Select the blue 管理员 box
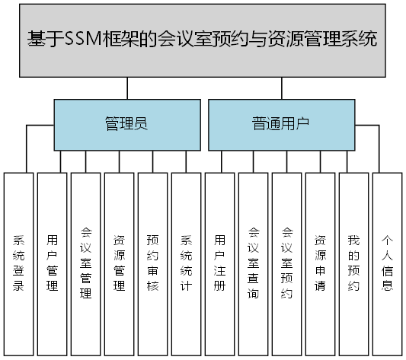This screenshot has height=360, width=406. pyautogui.click(x=125, y=124)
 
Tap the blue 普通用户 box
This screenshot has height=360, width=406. pyautogui.click(x=281, y=124)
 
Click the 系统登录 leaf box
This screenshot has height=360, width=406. pyautogui.click(x=19, y=263)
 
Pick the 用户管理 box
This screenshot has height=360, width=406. pyautogui.click(x=53, y=263)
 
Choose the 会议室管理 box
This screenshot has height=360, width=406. pyautogui.click(x=86, y=263)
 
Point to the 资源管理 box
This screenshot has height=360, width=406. pyautogui.click(x=120, y=263)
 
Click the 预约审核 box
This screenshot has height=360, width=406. pyautogui.click(x=153, y=263)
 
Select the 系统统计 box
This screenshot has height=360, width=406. pyautogui.click(x=187, y=263)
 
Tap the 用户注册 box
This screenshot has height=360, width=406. pyautogui.click(x=220, y=263)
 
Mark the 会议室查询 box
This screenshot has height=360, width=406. pyautogui.click(x=254, y=263)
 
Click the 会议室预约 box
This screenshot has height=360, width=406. pyautogui.click(x=287, y=263)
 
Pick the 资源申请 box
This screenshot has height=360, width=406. pyautogui.click(x=321, y=263)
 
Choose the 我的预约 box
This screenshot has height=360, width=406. pyautogui.click(x=354, y=263)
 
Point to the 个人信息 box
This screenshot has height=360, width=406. pyautogui.click(x=388, y=263)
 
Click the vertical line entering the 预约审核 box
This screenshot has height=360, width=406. pyautogui.click(x=153, y=161)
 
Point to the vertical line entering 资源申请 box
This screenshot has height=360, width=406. pyautogui.click(x=321, y=161)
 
